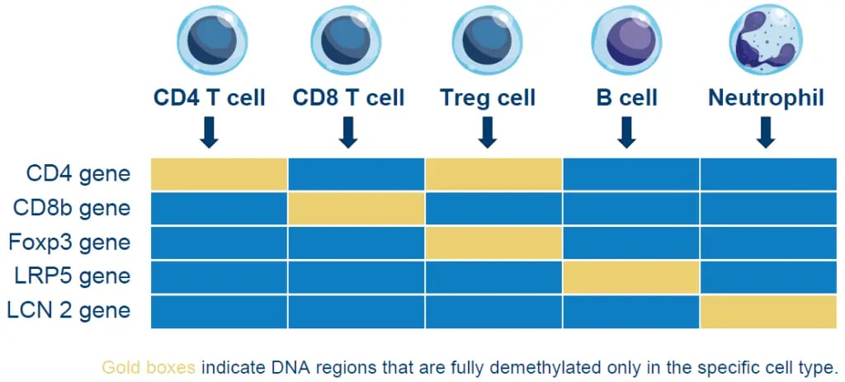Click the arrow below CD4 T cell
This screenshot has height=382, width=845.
(210, 132)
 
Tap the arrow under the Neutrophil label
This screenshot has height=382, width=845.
(766, 132)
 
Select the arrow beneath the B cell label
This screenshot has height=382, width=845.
(626, 132)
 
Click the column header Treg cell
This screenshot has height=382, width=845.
(487, 98)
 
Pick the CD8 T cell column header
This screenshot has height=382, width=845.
(348, 98)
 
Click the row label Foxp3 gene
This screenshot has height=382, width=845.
(69, 243)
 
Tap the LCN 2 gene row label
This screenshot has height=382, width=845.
(69, 311)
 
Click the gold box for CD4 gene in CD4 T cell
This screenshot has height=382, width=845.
(219, 173)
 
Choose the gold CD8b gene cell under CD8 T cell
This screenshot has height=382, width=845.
(356, 208)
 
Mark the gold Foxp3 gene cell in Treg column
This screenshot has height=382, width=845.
(493, 243)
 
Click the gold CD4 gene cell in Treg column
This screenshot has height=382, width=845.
(493, 173)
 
